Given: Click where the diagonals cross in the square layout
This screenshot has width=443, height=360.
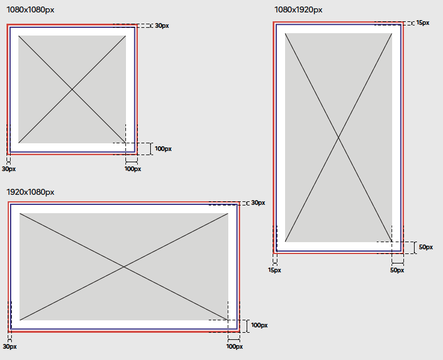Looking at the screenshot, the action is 72,89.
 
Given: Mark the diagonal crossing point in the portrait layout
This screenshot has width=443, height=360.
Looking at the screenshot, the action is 338,137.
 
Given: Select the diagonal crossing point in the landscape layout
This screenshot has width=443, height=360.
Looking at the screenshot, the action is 124,266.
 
